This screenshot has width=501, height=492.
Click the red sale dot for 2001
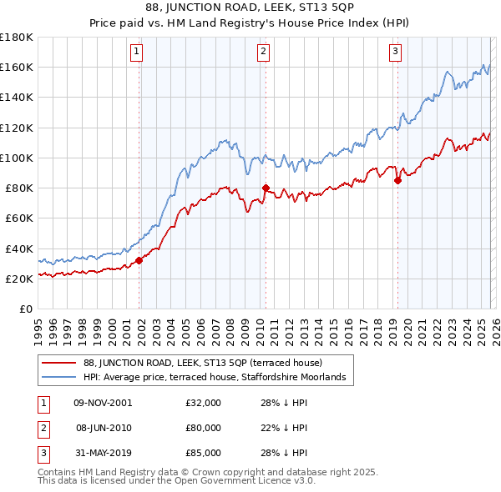click(x=139, y=260)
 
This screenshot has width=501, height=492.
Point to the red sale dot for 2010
click(x=266, y=188)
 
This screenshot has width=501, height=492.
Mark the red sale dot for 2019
click(x=397, y=180)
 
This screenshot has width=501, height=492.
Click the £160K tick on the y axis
click(x=17, y=67)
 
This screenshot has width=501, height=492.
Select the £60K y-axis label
click(x=18, y=218)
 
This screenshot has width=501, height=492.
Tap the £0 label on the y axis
click(x=25, y=309)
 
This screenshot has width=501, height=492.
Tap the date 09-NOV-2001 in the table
click(x=103, y=402)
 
